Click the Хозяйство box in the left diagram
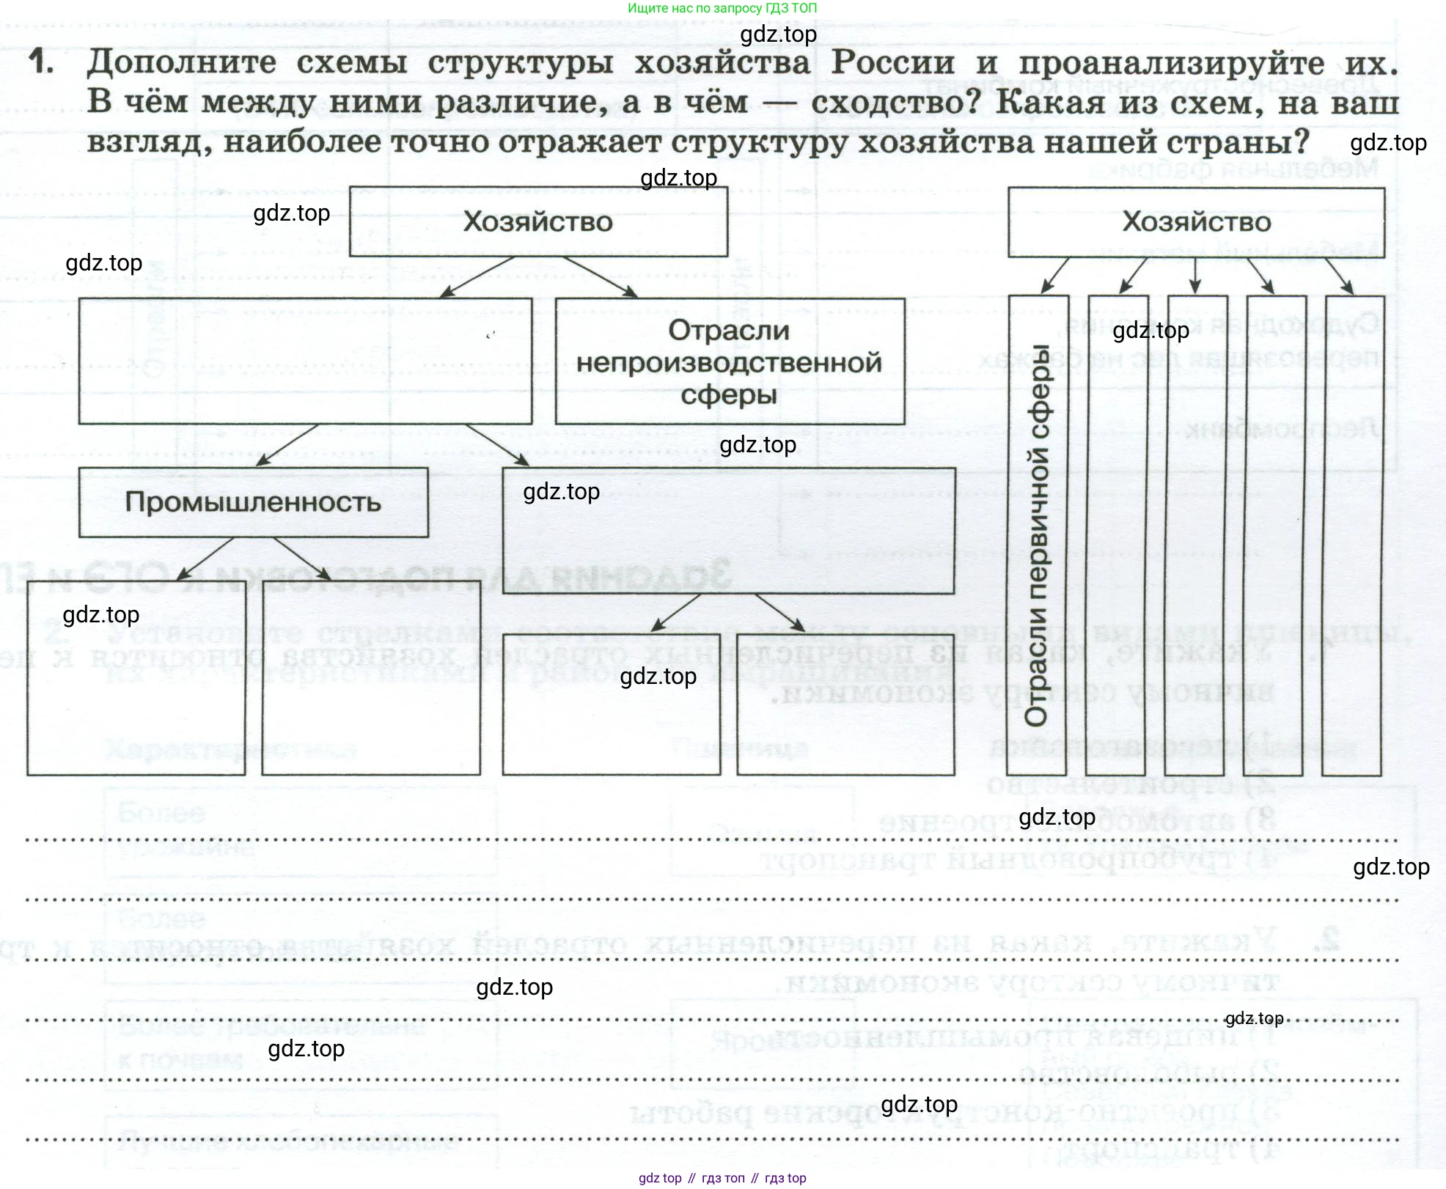click(538, 221)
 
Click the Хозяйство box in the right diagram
click(1196, 221)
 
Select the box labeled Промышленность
click(253, 502)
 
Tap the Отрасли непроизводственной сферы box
click(730, 361)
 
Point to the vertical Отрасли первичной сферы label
click(1037, 535)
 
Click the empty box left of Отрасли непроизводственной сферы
click(305, 361)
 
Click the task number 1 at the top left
click(41, 62)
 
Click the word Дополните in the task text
click(181, 62)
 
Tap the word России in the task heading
click(892, 62)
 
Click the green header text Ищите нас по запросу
click(722, 8)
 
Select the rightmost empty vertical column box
click(1353, 535)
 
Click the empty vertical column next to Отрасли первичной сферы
click(1116, 535)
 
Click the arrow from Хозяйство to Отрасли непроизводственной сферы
click(600, 276)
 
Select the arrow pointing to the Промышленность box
click(287, 445)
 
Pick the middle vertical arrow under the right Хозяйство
click(1195, 276)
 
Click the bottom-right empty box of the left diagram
click(845, 704)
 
